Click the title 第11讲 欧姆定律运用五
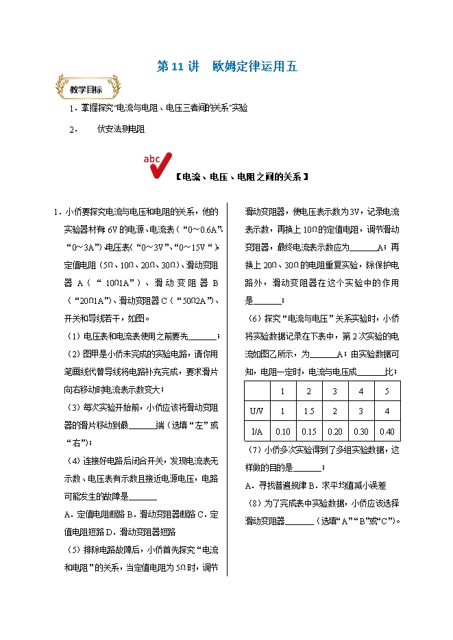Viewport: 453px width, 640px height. (227, 67)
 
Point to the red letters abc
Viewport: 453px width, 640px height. (152, 159)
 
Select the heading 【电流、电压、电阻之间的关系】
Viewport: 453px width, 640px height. (240, 177)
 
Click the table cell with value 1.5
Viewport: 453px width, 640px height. (308, 411)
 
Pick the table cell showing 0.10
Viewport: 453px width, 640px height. (282, 431)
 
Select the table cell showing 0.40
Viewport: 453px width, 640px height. (387, 431)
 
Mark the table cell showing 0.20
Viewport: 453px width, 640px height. (335, 431)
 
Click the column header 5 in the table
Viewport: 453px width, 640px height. (387, 391)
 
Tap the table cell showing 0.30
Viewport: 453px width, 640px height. (361, 431)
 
